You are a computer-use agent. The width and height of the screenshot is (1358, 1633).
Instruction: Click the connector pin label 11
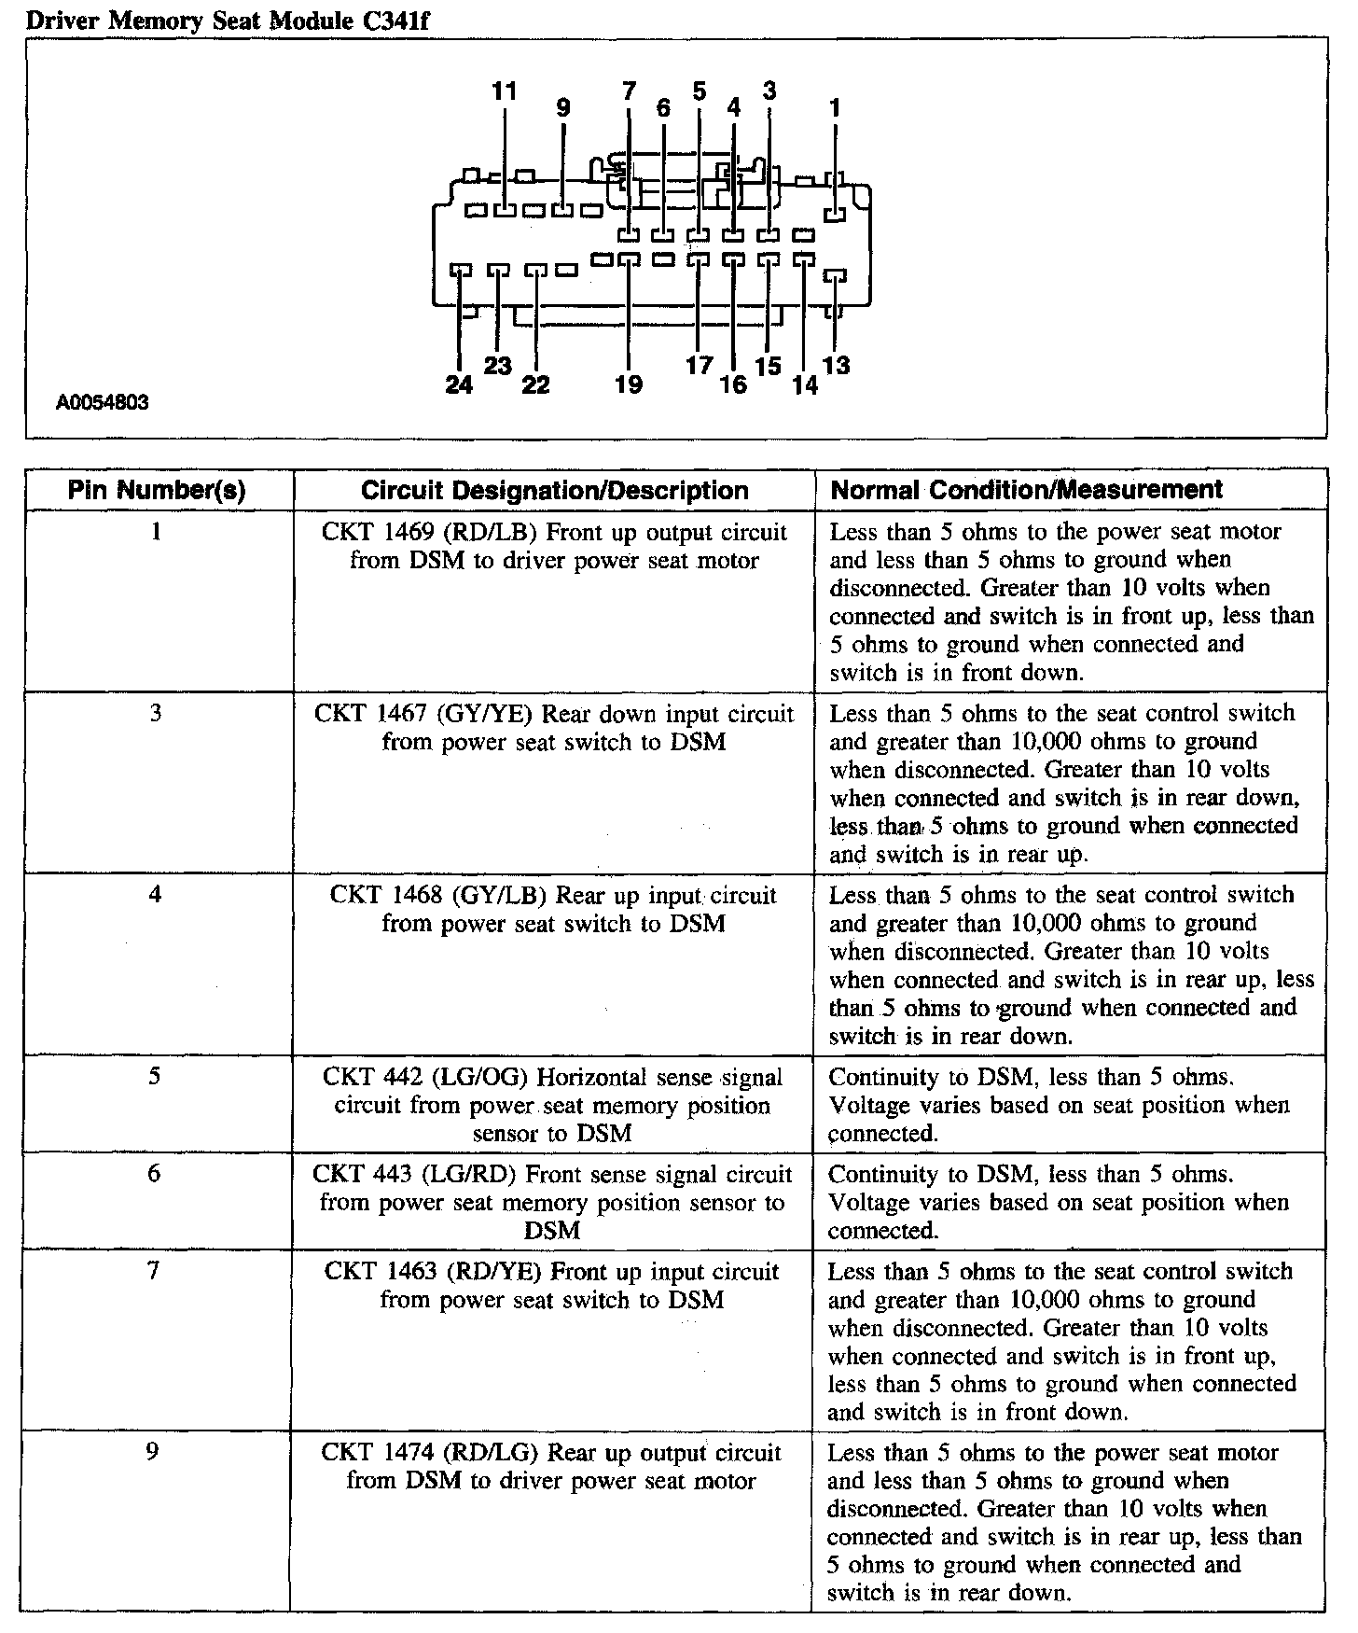click(504, 91)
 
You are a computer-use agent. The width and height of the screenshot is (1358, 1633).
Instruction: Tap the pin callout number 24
click(459, 384)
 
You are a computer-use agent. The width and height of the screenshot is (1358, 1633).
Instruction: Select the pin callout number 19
click(629, 384)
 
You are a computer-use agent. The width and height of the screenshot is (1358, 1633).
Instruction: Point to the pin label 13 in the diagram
click(837, 365)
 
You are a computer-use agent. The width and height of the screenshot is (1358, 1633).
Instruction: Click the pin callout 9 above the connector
click(562, 108)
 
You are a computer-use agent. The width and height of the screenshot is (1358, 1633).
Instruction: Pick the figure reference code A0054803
click(103, 403)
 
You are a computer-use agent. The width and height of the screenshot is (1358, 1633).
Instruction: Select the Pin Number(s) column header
click(157, 491)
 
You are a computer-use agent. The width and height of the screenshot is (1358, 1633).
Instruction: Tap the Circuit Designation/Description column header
click(554, 491)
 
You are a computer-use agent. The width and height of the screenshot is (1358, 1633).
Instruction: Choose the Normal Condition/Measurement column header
click(1026, 490)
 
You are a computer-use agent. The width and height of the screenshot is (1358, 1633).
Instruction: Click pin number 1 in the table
click(156, 532)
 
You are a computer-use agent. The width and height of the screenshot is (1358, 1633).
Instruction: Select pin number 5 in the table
click(155, 1077)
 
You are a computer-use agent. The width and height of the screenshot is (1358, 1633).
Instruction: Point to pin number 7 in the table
click(155, 1271)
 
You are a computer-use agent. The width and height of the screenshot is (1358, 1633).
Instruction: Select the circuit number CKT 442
click(371, 1078)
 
